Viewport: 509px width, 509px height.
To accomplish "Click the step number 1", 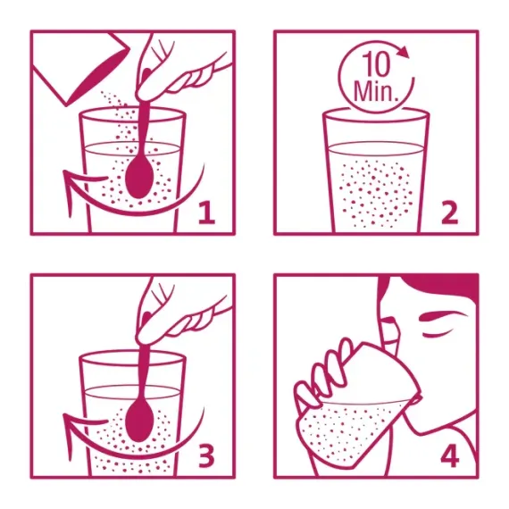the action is tap(207, 213).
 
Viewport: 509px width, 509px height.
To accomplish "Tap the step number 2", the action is tap(449, 213).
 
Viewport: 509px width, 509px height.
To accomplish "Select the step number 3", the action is tap(206, 455).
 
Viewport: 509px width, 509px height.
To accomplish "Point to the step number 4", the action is tap(450, 455).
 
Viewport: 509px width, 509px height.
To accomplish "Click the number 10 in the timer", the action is tap(376, 64).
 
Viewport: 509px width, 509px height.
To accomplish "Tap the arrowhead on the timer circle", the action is tap(404, 52).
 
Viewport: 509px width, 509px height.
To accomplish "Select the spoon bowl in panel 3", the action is tap(138, 421).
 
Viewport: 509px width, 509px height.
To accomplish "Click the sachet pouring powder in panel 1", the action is tap(81, 68).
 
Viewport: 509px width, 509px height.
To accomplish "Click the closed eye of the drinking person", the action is tap(437, 333).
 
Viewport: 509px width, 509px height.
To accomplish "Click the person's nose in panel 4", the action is tap(388, 320).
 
